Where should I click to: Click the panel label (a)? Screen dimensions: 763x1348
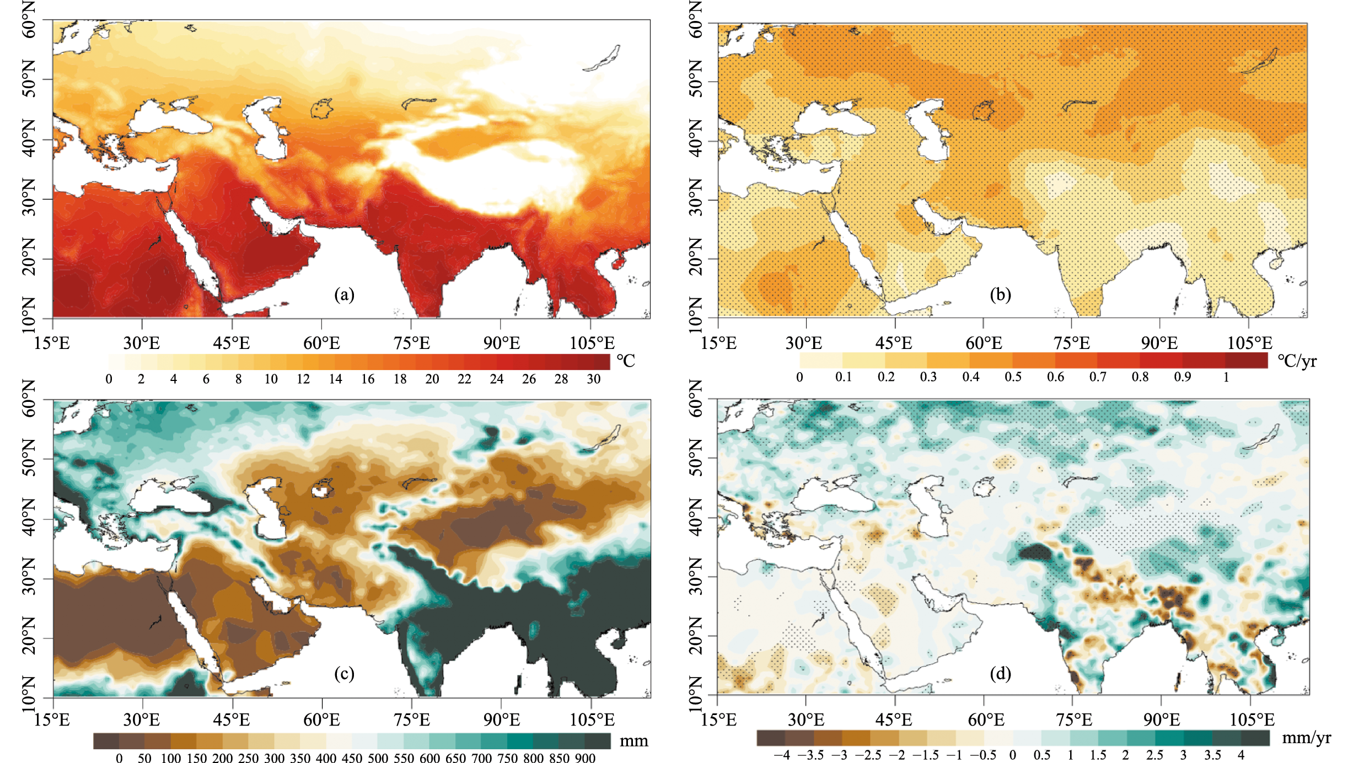[344, 295]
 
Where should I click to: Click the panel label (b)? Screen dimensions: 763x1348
[1000, 295]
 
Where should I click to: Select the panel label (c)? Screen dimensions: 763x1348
[344, 674]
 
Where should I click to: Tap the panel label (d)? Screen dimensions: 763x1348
[1000, 674]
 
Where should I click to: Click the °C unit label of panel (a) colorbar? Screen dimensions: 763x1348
[626, 361]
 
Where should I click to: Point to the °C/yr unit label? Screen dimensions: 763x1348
[1297, 361]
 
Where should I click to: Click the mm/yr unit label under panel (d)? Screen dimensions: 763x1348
[1306, 738]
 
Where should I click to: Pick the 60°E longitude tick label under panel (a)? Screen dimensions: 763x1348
[321, 343]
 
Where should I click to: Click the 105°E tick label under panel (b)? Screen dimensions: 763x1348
[1249, 343]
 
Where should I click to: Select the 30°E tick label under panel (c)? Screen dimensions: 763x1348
[142, 720]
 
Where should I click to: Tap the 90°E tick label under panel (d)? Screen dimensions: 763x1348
[1162, 720]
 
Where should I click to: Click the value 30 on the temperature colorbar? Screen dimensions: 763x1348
[593, 379]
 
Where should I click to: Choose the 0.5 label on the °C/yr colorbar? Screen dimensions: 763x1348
[1013, 377]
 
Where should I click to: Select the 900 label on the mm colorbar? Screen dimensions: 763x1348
[585, 758]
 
